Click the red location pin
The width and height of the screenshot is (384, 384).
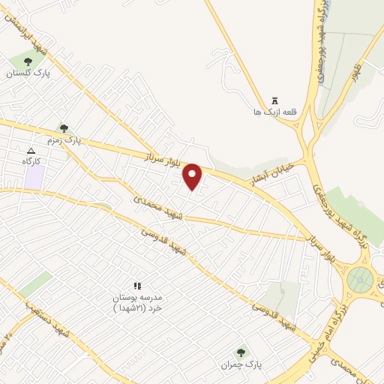click(x=193, y=176)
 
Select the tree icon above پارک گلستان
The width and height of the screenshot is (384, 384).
click(x=28, y=61)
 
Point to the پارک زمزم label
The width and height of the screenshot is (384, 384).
click(x=82, y=139)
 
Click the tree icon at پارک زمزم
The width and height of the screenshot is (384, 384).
click(x=64, y=128)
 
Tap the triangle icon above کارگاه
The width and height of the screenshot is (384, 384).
click(x=31, y=151)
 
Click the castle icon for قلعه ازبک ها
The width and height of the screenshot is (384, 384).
click(x=274, y=100)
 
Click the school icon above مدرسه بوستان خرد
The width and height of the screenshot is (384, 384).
click(x=136, y=286)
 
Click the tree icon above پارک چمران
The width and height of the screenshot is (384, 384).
click(x=241, y=352)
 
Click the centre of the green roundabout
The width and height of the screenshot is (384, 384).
click(x=361, y=280)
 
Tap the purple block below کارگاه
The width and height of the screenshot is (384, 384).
click(x=33, y=177)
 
